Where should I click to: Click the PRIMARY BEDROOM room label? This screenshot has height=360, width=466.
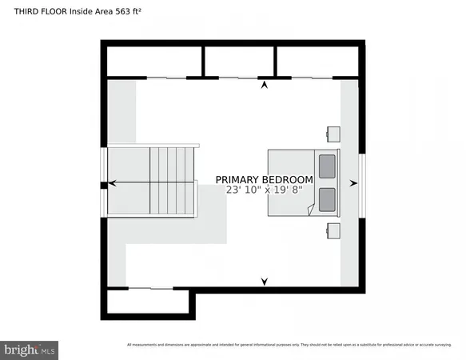pos(264,179)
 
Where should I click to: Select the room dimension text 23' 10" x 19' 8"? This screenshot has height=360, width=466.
pos(264,190)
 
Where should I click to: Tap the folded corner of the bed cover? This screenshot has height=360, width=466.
pos(311,210)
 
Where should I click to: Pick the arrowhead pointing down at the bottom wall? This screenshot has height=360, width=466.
pos(265,281)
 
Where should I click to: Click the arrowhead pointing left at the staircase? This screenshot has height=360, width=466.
pos(112,183)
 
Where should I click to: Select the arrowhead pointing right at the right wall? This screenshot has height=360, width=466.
pos(354,183)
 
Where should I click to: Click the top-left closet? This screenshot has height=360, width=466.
pos(153,61)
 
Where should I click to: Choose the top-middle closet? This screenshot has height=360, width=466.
pos(239,61)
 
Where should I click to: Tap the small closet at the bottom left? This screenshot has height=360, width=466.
pos(148,302)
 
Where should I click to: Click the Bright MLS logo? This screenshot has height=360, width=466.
pos(30,349)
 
